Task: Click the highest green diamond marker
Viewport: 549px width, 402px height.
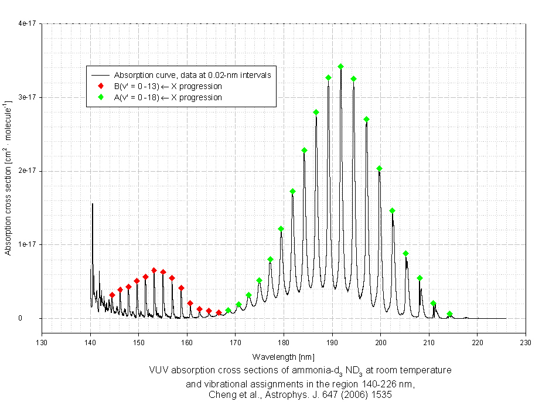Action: [340, 67]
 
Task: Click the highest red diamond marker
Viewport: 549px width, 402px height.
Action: [154, 271]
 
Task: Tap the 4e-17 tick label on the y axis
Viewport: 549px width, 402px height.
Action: [27, 23]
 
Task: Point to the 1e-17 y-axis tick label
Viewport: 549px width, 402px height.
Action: [27, 244]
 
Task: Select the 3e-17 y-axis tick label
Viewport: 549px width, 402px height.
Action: [27, 97]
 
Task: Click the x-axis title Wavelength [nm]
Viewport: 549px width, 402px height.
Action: [284, 356]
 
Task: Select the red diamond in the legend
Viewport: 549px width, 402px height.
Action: [101, 86]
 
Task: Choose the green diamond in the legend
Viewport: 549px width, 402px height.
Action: [101, 97]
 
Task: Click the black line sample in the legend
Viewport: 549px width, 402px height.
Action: [101, 76]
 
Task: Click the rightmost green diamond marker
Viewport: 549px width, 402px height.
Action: [449, 314]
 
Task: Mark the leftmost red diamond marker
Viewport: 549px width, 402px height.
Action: [112, 295]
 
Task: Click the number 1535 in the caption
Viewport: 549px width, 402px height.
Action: [380, 395]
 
